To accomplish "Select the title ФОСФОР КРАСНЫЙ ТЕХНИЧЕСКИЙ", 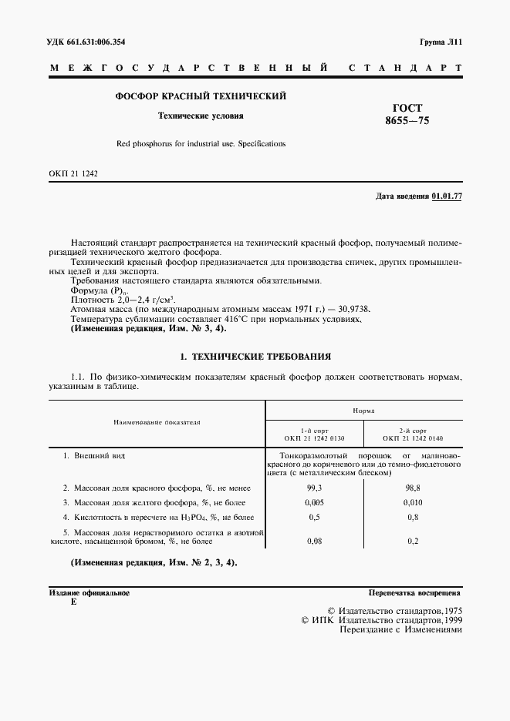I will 201,97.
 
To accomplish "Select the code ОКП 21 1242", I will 74,174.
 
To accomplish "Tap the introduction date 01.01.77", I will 447,197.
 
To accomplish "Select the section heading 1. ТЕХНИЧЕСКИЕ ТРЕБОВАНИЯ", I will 255,357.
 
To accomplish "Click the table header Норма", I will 363,411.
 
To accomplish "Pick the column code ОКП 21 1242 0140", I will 414,439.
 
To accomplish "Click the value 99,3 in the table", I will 314,488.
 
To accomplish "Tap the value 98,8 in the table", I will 413,488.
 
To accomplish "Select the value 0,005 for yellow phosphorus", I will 314,502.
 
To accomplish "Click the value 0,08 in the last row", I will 314,542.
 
